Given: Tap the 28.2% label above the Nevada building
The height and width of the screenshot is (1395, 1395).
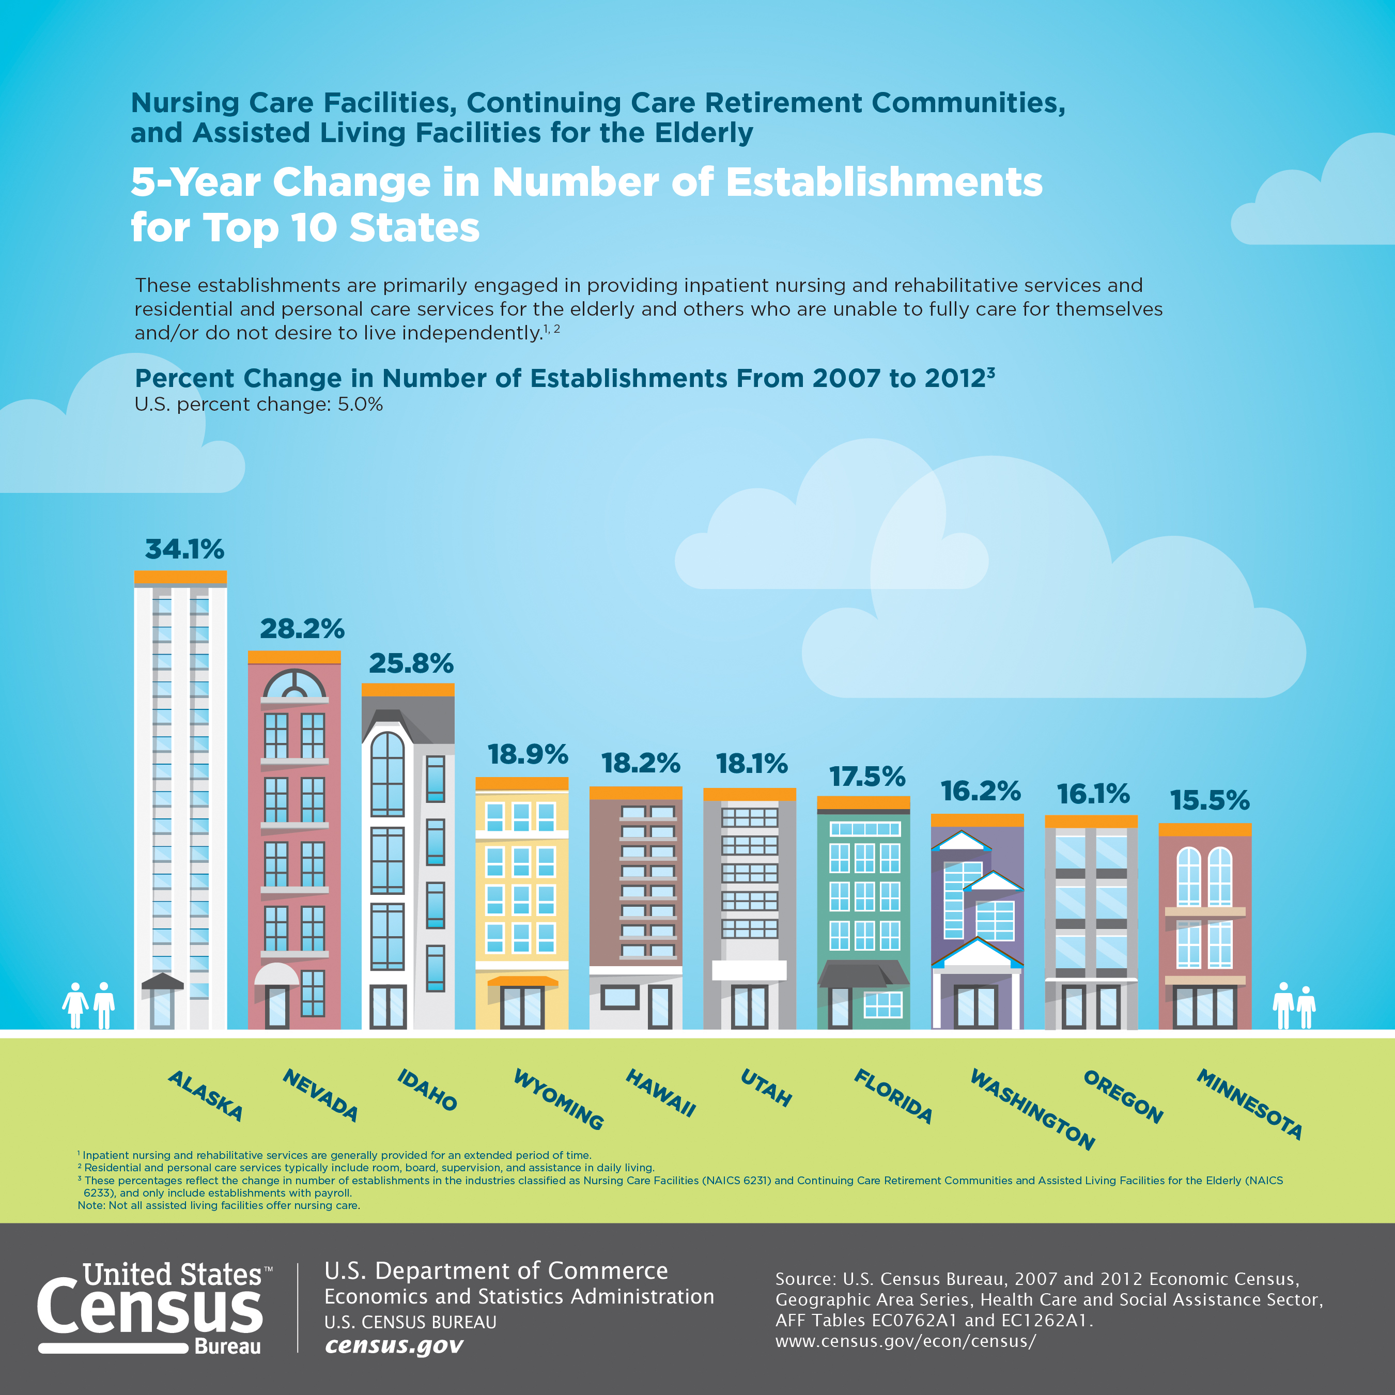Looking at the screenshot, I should click(302, 629).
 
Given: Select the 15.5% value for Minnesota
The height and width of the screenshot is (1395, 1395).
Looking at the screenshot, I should click(1210, 800).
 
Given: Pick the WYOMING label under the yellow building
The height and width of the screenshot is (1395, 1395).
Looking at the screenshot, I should click(558, 1099).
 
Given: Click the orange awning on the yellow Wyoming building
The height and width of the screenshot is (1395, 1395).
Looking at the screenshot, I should click(522, 981).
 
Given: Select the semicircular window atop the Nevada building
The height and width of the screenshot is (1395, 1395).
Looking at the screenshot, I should click(294, 683).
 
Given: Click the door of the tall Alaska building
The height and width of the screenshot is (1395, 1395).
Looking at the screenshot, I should click(162, 1008).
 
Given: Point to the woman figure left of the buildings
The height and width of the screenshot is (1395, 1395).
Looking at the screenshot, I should click(75, 1004).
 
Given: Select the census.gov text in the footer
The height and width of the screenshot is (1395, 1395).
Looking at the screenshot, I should click(394, 1346).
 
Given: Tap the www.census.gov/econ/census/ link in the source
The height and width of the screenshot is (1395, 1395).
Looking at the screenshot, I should click(905, 1341).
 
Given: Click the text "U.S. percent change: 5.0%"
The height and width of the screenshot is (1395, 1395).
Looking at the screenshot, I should click(258, 405).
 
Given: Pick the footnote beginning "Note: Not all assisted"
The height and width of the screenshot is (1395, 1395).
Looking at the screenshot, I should click(219, 1205).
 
